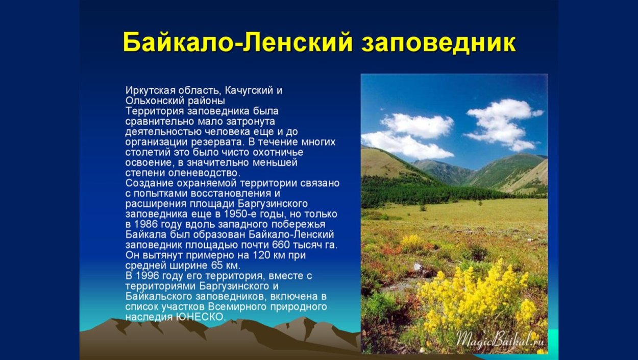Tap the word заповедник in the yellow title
pos(438,43)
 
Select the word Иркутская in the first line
pos(148,90)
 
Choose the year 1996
pos(147,276)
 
